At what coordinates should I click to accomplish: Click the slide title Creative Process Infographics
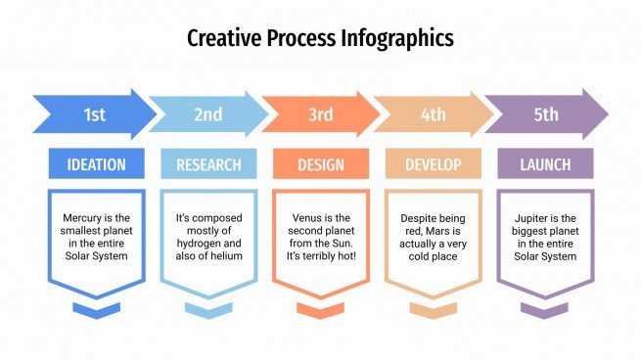pos(320,39)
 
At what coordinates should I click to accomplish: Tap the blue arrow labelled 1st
pos(94,114)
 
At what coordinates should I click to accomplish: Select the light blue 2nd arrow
pos(206,114)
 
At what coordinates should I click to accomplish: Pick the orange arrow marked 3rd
pos(320,114)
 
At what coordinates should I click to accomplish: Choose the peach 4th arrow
pos(433,114)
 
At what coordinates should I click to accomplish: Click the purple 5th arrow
pos(546,114)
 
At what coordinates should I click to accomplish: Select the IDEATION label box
pos(95,164)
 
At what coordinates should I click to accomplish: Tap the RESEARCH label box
pos(207,164)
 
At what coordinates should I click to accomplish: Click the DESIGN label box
pos(321,164)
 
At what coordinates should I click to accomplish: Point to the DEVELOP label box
pos(433,164)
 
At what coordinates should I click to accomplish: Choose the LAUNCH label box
pos(546,164)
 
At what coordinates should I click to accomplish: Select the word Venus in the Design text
pos(309,219)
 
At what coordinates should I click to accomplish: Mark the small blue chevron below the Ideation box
pos(95,310)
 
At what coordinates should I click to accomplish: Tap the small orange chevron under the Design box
pos(321,310)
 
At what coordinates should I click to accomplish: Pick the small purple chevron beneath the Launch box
pos(546,310)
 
